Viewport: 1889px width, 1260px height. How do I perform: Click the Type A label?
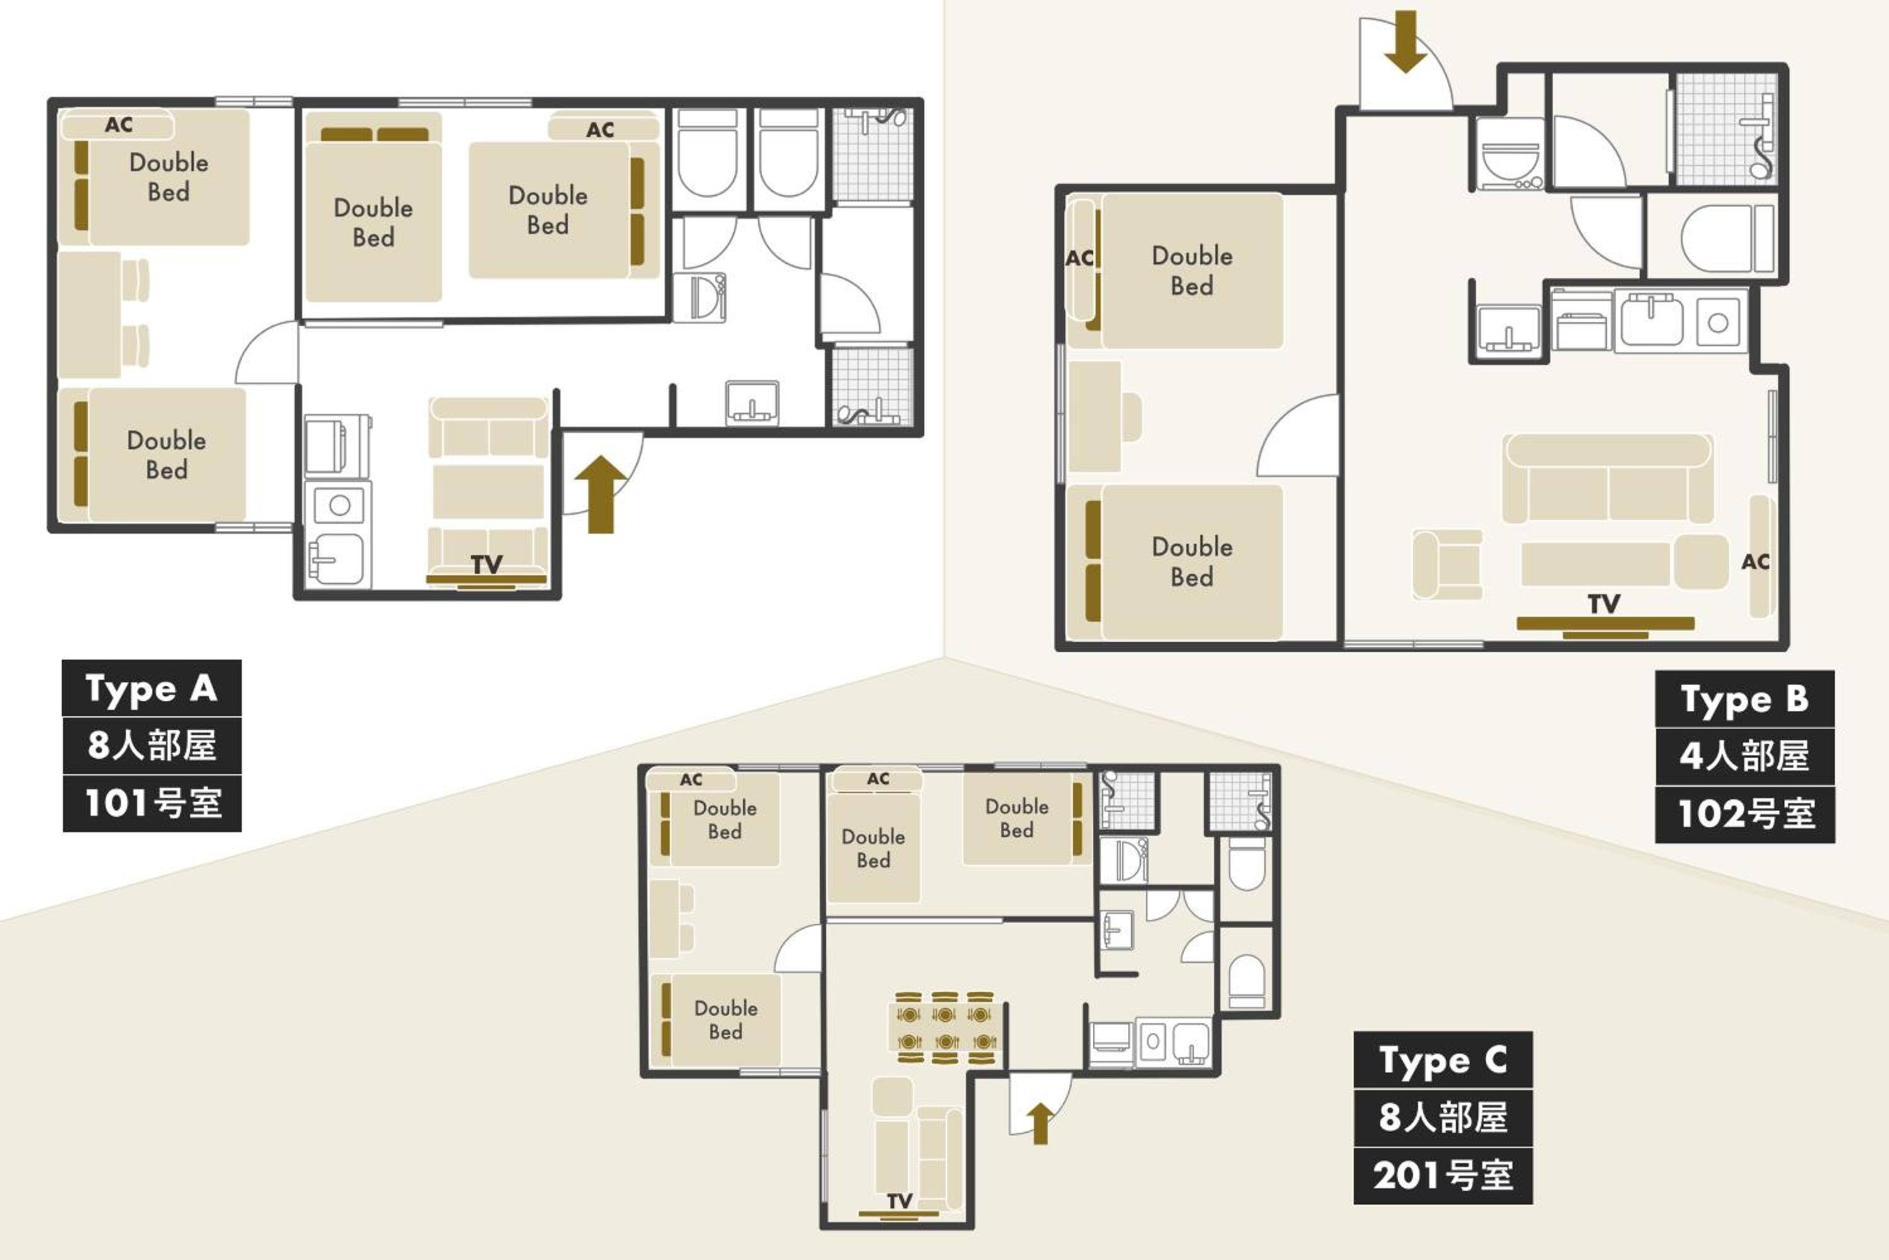152,688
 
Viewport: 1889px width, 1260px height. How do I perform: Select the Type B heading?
1744,698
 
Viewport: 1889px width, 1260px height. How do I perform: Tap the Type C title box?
1443,1060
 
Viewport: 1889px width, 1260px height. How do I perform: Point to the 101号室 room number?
152,803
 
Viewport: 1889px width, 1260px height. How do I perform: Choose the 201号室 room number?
1443,1176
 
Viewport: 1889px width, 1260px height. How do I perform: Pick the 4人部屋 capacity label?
1744,756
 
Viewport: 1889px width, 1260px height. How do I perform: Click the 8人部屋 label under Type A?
152,745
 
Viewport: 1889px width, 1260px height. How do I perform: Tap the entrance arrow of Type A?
600,494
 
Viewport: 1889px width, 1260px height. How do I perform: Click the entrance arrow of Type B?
1405,42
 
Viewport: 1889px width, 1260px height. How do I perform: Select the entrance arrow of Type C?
1040,1123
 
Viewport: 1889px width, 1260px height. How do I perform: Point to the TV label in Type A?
487,564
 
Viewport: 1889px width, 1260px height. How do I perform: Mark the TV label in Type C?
899,1201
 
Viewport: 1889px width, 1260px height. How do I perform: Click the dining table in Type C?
946,1028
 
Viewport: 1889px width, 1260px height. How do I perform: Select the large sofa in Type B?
1607,479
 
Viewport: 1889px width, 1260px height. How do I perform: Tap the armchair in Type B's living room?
1447,564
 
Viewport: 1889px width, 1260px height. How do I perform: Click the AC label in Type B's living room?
1755,562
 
